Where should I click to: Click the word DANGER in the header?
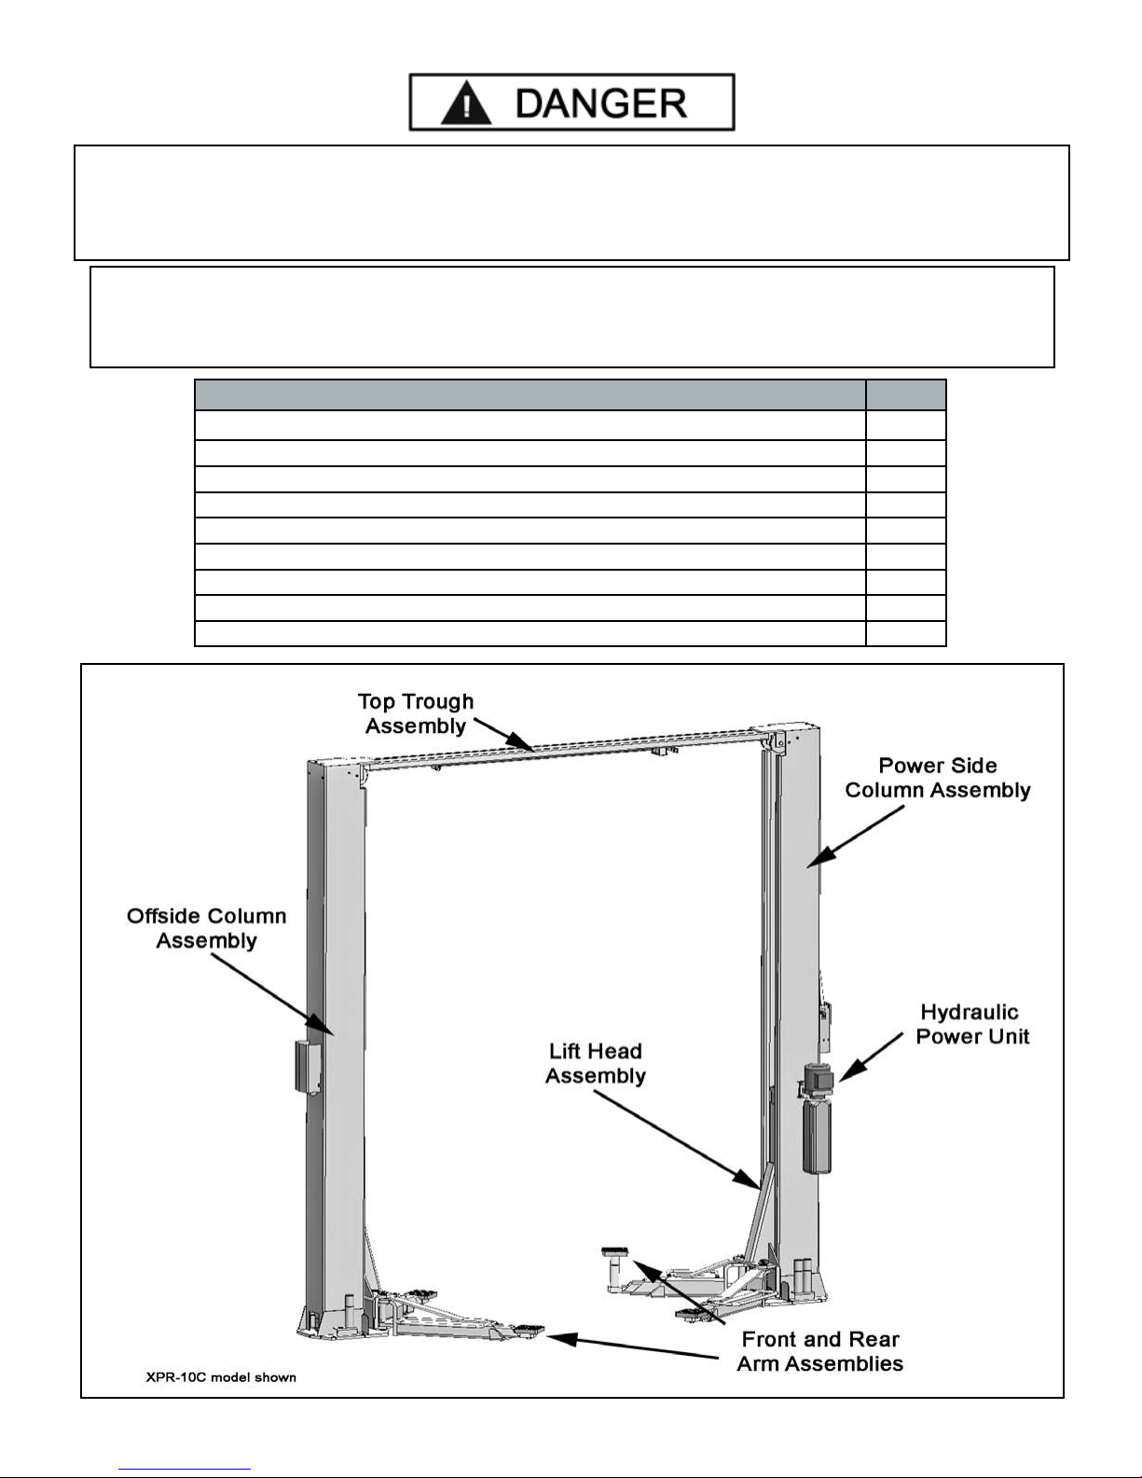(601, 103)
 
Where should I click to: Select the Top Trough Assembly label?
(416, 713)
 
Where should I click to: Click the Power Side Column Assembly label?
(937, 778)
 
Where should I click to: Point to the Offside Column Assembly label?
(206, 928)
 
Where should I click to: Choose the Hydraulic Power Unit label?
(971, 1024)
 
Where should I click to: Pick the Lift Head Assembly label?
(595, 1063)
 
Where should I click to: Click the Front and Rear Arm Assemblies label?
(819, 1351)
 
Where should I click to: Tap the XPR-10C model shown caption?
(221, 1376)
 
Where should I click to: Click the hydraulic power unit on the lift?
(817, 1124)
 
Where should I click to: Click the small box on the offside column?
(307, 1067)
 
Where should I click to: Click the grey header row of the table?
(570, 395)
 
